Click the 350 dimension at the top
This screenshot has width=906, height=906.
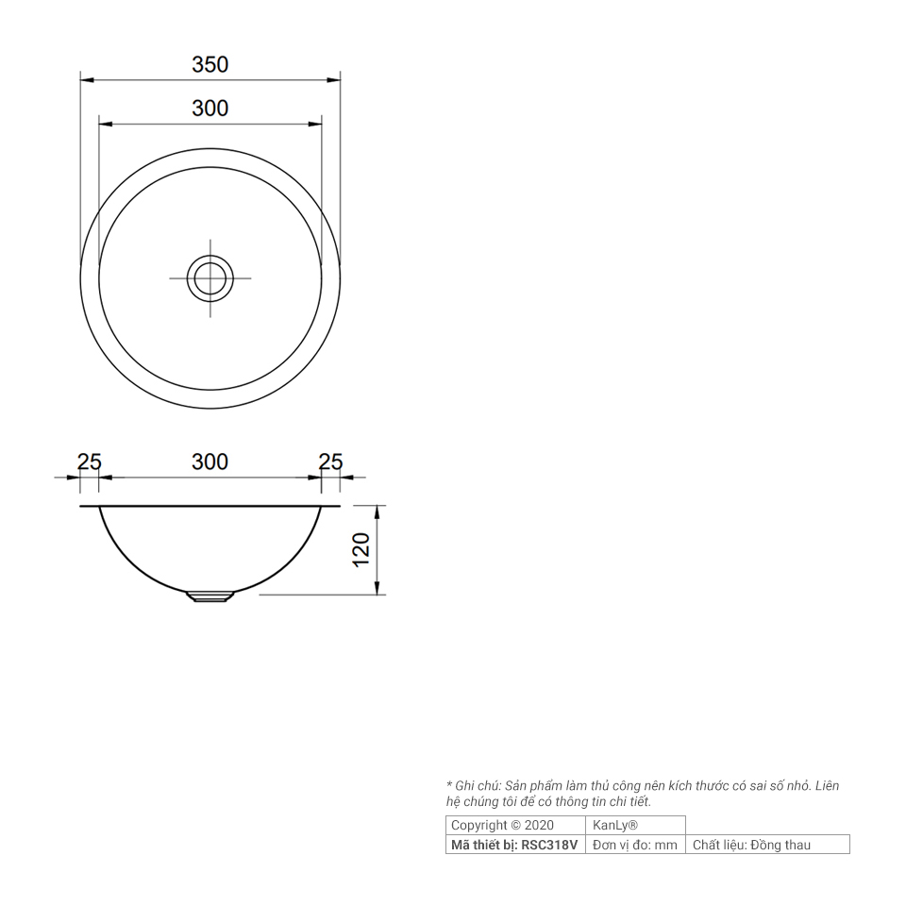[x=210, y=65]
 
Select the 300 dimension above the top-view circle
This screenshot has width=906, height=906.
[x=210, y=109]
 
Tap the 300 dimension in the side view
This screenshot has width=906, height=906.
[x=210, y=462]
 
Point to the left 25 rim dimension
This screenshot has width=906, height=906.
[x=89, y=462]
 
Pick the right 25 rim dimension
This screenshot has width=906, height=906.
[x=331, y=462]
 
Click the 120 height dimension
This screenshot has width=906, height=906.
[x=361, y=550]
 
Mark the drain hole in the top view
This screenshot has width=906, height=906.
[x=210, y=278]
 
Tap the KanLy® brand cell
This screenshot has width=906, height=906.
[x=615, y=825]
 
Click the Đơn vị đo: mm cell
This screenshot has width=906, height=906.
[x=635, y=845]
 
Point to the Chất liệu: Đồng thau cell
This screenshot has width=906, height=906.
[x=751, y=845]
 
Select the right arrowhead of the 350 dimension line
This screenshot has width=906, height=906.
[x=335, y=80]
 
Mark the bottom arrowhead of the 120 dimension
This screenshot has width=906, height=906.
[x=377, y=590]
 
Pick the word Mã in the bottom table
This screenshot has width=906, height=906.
[x=460, y=845]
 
